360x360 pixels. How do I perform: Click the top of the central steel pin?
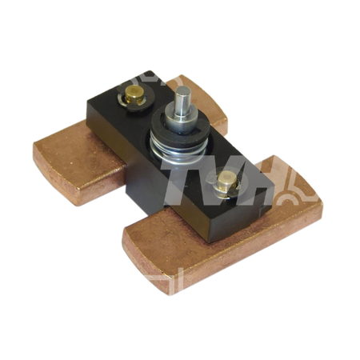point(182,90)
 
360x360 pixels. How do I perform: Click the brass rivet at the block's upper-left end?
point(134,94)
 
